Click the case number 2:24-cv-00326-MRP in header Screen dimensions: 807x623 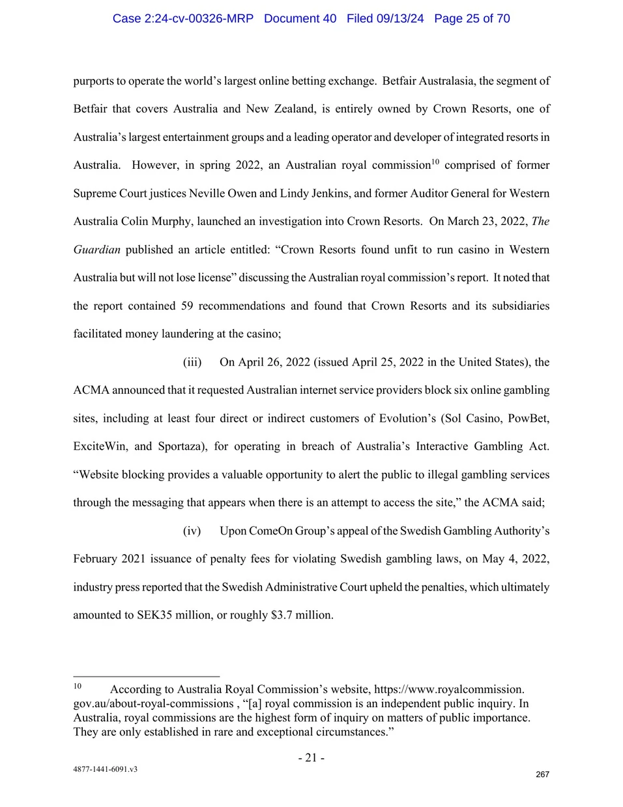[182, 18]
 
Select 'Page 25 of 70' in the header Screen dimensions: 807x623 [472, 18]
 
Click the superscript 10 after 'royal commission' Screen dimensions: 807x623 [435, 161]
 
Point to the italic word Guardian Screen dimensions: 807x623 [96, 250]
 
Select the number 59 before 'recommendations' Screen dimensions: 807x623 [187, 306]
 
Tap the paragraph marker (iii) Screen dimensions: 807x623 [192, 362]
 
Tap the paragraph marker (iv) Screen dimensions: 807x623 [192, 531]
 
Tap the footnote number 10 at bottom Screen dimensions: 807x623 [78, 686]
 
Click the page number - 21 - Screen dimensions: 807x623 [311, 757]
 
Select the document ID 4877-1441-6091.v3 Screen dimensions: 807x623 [106, 769]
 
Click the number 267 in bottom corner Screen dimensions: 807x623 [542, 774]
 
